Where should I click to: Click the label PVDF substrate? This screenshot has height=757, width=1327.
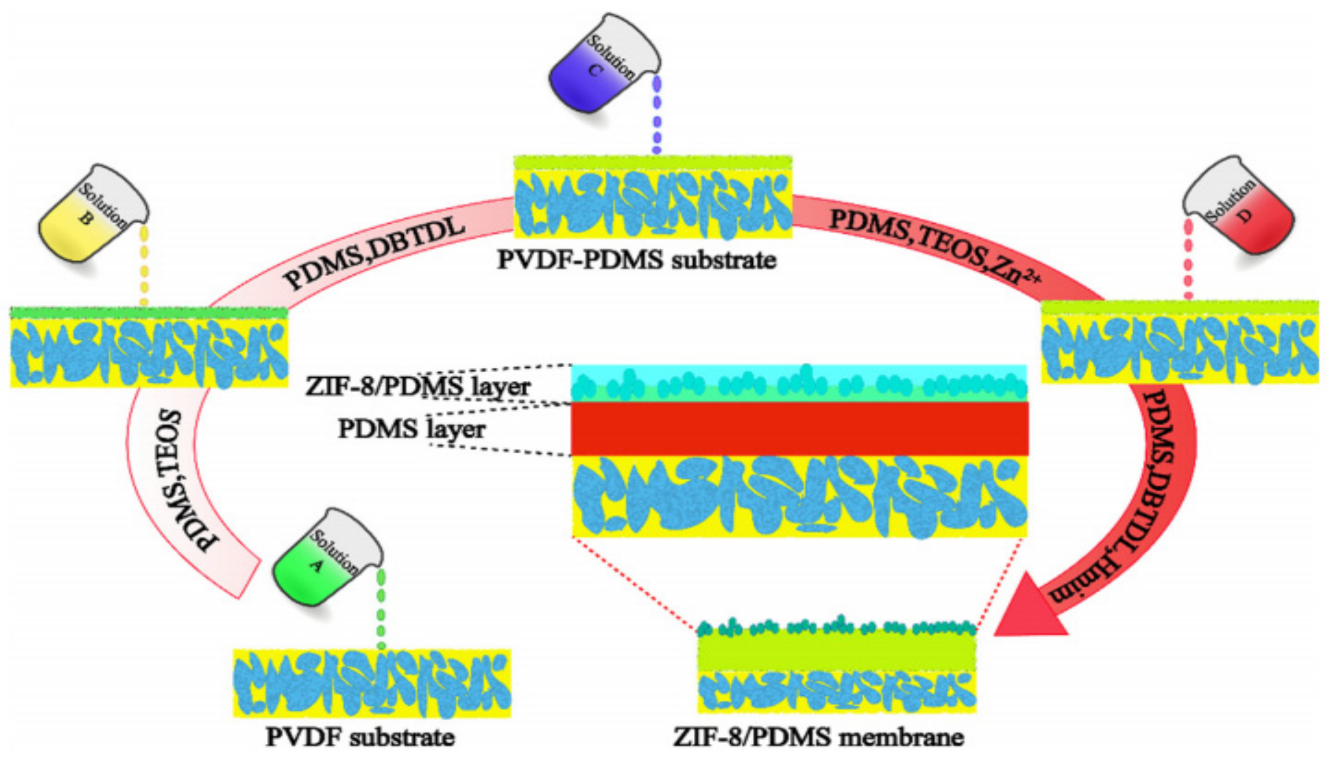coord(360,737)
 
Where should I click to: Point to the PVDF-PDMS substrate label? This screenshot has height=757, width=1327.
coord(636,259)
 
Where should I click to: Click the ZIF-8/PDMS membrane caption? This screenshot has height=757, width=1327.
coord(818,737)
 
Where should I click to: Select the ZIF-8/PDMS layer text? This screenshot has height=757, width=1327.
coord(418,386)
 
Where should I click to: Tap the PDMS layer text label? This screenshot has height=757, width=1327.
coord(411,429)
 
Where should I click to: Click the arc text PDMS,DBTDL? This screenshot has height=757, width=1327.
coord(375,255)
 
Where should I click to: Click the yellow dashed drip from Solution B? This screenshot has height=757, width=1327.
coord(144,265)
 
